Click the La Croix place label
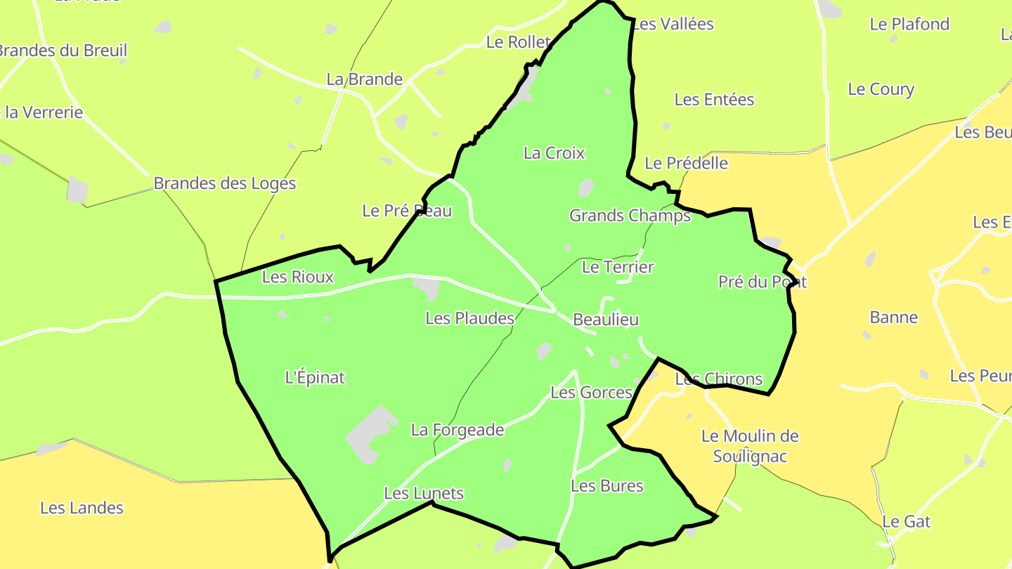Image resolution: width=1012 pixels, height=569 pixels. pyautogui.click(x=554, y=153)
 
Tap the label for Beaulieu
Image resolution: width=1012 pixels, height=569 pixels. pyautogui.click(x=606, y=320)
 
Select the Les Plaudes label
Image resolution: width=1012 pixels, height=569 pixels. pyautogui.click(x=470, y=318)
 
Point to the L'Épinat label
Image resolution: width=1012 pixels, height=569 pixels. pyautogui.click(x=315, y=377)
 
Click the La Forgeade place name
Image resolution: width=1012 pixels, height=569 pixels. pyautogui.click(x=458, y=429)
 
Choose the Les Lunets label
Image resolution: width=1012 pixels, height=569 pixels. pyautogui.click(x=424, y=493)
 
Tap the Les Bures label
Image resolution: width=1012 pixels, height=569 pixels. pyautogui.click(x=606, y=485)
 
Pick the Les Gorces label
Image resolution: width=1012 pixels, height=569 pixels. pyautogui.click(x=591, y=392)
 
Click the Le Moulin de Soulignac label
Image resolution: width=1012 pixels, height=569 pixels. pyautogui.click(x=750, y=446)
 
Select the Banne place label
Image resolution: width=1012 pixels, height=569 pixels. pyautogui.click(x=893, y=318)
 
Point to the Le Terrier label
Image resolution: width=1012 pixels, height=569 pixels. pyautogui.click(x=618, y=267)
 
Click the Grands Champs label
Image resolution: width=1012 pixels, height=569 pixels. pyautogui.click(x=630, y=216)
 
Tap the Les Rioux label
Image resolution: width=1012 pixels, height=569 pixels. pyautogui.click(x=297, y=277)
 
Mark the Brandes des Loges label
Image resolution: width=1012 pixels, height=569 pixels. pyautogui.click(x=225, y=183)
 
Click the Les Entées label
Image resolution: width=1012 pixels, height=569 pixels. pyautogui.click(x=714, y=100)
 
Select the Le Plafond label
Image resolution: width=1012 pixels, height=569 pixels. pyautogui.click(x=909, y=24)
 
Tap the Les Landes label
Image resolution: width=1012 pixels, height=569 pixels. pyautogui.click(x=82, y=507)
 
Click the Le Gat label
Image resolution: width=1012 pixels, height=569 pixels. pyautogui.click(x=906, y=521)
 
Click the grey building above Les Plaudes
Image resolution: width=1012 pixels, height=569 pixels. pyautogui.click(x=427, y=287)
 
